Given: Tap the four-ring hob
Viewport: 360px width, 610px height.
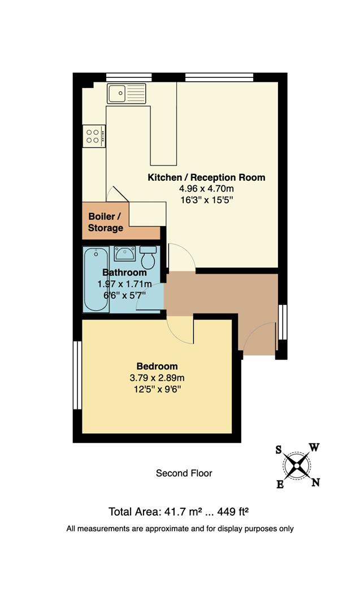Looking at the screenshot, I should (x=93, y=136).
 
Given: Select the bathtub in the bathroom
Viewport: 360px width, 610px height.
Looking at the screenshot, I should (x=96, y=279).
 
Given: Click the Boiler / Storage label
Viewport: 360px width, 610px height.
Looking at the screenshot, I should (x=105, y=223).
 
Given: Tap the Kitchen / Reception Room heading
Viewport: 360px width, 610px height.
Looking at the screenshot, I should (x=206, y=177).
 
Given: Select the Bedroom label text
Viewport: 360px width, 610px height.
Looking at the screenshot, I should (x=157, y=366).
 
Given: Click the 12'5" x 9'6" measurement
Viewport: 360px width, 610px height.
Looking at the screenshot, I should (x=157, y=389).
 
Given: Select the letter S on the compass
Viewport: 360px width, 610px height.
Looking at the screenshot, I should (x=279, y=450).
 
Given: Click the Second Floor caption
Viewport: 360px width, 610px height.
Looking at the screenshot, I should (x=184, y=473).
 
